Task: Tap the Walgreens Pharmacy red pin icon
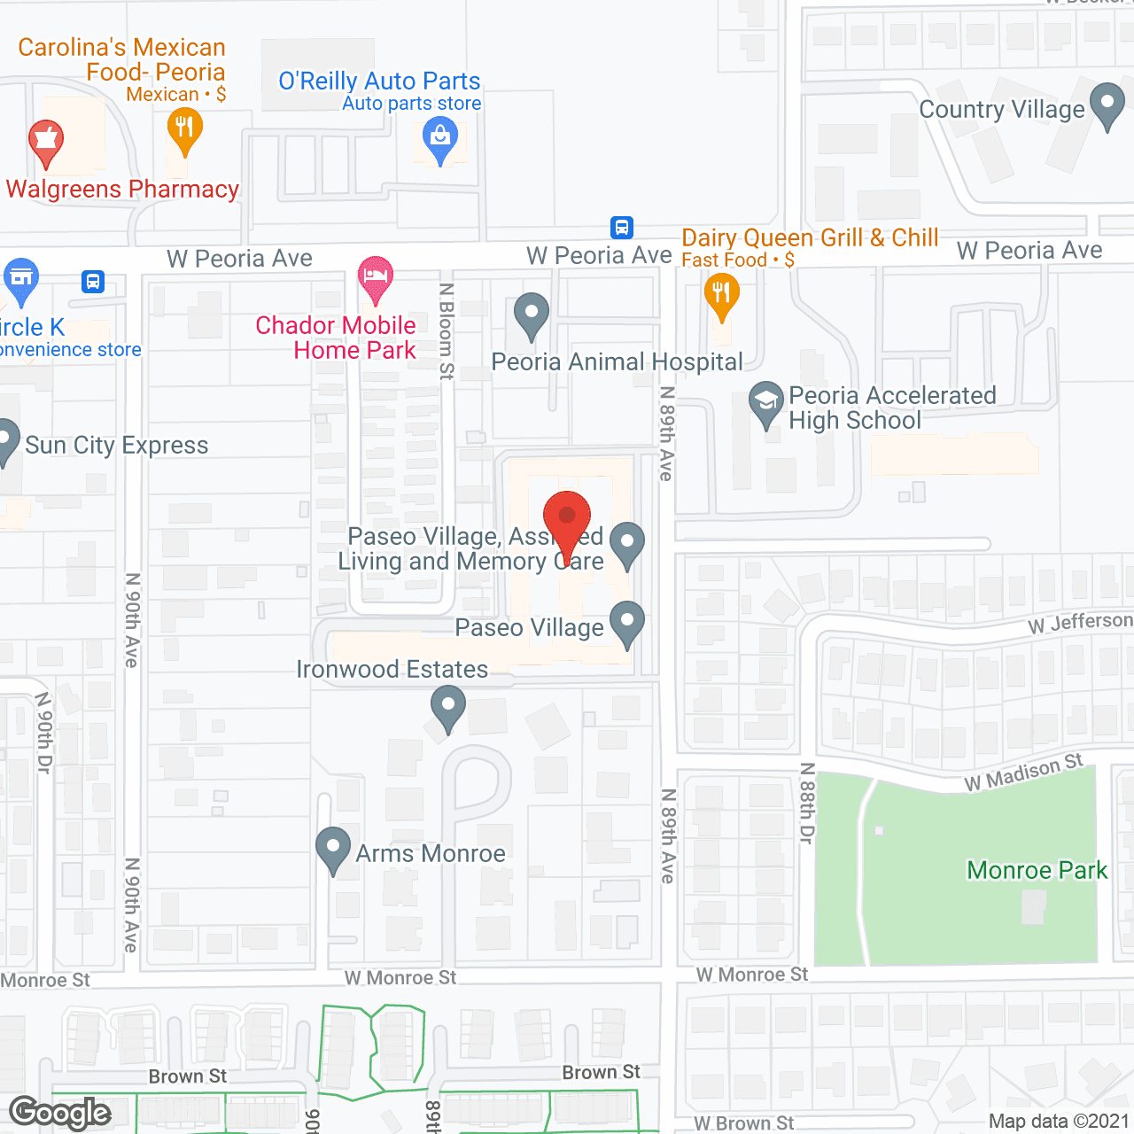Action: pos(45,143)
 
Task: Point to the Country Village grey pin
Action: pos(1107,105)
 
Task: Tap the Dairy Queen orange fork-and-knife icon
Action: pos(721,295)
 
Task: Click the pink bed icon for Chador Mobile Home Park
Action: pos(376,278)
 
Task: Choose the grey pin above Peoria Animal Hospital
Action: pos(532,315)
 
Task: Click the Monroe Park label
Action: pos(1037,870)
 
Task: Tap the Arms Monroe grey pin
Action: pos(333,849)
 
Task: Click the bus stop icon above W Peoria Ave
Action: pos(622,228)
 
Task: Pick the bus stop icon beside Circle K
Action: pos(93,282)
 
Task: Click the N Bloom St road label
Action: pos(447,331)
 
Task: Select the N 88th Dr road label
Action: pos(806,803)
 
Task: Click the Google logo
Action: pos(60,1113)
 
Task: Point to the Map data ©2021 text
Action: pos(1059,1121)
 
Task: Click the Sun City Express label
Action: pos(116,445)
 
